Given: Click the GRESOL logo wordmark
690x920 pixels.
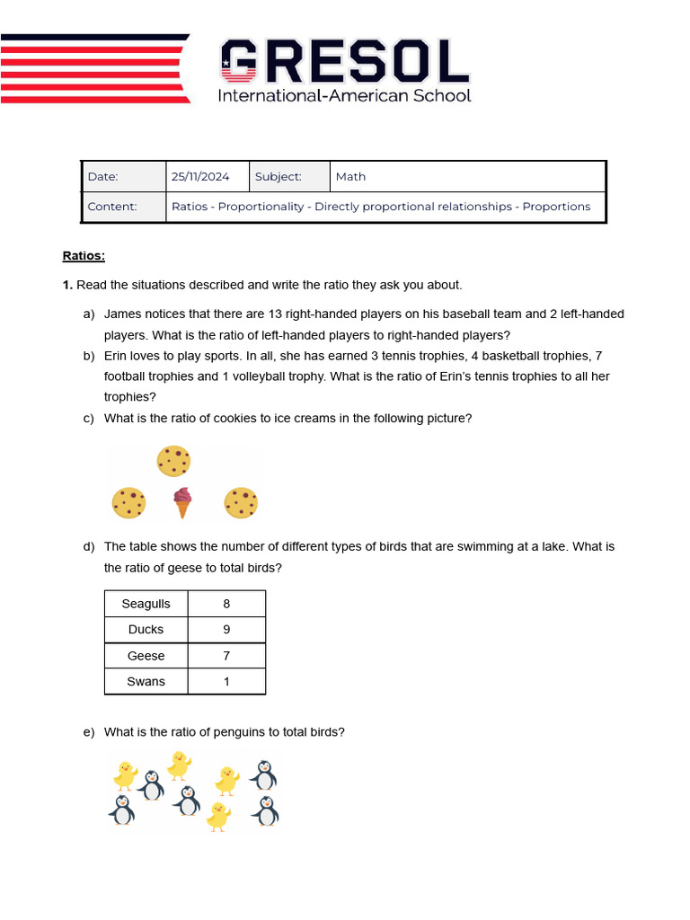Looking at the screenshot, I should pyautogui.click(x=345, y=61).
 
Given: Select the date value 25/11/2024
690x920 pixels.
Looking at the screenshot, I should pyautogui.click(x=200, y=177).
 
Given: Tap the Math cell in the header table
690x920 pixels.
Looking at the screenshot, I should pyautogui.click(x=350, y=177).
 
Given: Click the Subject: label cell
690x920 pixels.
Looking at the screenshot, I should pyautogui.click(x=279, y=177).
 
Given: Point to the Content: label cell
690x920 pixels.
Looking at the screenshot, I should pyautogui.click(x=112, y=207).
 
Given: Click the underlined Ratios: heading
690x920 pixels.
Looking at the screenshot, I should pyautogui.click(x=84, y=256).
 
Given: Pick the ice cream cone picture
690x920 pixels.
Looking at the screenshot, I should pyautogui.click(x=183, y=502).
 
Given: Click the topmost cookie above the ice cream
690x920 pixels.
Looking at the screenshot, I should pyautogui.click(x=173, y=461).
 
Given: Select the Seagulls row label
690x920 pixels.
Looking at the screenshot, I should pyautogui.click(x=146, y=604).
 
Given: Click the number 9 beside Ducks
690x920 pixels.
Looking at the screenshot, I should pyautogui.click(x=226, y=630).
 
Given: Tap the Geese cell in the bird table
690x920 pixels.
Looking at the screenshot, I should pyautogui.click(x=146, y=656).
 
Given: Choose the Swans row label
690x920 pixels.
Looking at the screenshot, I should pyautogui.click(x=146, y=682).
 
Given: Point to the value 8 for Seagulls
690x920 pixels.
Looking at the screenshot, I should pyautogui.click(x=226, y=604).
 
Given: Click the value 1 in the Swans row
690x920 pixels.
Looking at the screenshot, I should pyautogui.click(x=226, y=682).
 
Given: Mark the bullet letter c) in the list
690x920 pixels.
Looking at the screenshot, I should pyautogui.click(x=88, y=418).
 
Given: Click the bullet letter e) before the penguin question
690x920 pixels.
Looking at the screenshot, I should pyautogui.click(x=88, y=732).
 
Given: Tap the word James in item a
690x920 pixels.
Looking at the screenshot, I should pyautogui.click(x=122, y=314).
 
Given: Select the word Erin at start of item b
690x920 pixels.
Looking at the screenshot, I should pyautogui.click(x=118, y=356).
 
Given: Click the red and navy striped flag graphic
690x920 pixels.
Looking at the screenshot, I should pyautogui.click(x=94, y=68).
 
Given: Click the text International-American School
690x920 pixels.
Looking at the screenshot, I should pyautogui.click(x=344, y=95).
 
